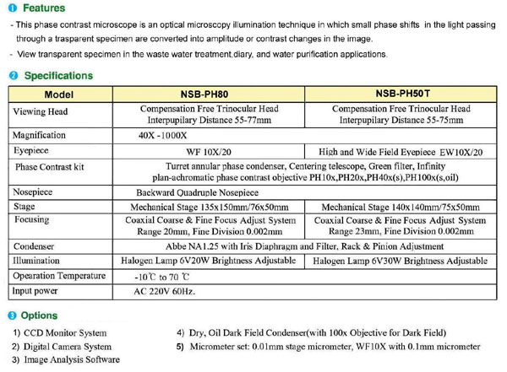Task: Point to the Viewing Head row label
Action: coord(46,111)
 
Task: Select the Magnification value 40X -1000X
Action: coord(172,135)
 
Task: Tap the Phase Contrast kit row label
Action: coord(50,167)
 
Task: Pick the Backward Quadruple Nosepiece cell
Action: coord(200,192)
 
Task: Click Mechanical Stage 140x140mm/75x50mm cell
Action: coord(401,207)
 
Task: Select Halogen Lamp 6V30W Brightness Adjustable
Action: coord(401,261)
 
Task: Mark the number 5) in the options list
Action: coord(180,346)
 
